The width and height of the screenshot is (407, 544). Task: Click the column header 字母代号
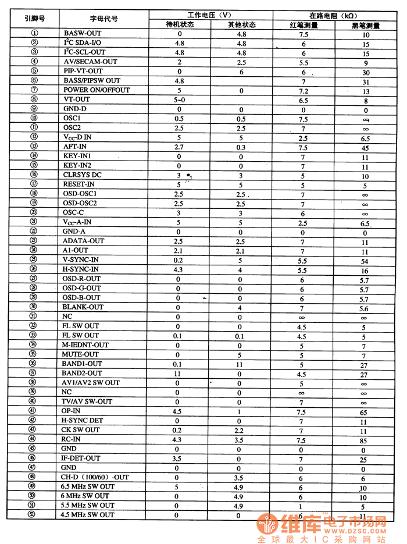pyautogui.click(x=104, y=19)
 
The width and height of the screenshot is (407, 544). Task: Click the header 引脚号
pyautogui.click(x=34, y=19)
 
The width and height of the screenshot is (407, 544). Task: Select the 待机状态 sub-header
pyautogui.click(x=180, y=24)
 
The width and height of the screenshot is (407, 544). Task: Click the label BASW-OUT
pyautogui.click(x=83, y=34)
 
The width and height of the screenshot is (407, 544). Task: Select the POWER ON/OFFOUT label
pyautogui.click(x=97, y=90)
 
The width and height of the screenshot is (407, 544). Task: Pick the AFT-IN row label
pyautogui.click(x=76, y=147)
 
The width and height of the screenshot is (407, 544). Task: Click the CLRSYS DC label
pyautogui.click(x=83, y=175)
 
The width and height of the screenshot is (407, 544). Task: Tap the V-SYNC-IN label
pyautogui.click(x=81, y=260)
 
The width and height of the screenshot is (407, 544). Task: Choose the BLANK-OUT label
pyautogui.click(x=83, y=307)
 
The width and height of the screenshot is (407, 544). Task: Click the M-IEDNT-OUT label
pyautogui.click(x=85, y=345)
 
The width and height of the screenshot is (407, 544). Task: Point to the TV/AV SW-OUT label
pyautogui.click(x=87, y=401)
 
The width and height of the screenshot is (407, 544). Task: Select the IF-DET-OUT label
pyautogui.click(x=81, y=458)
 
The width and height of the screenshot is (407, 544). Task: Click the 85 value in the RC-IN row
pyautogui.click(x=365, y=440)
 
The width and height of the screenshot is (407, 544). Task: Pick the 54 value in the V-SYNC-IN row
pyautogui.click(x=365, y=261)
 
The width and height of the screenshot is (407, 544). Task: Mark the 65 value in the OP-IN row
pyautogui.click(x=365, y=411)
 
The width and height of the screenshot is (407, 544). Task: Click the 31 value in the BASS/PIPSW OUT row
pyautogui.click(x=365, y=81)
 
